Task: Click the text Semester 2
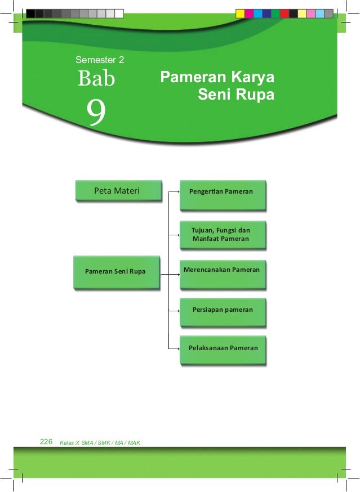tap(100, 59)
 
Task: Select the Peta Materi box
tap(117, 191)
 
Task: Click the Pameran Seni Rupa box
tap(115, 271)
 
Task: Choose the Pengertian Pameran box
tap(221, 192)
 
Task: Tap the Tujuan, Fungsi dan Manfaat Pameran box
tap(221, 234)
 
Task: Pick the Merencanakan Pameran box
tap(221, 271)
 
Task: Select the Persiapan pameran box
tap(222, 310)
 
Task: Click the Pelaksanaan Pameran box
tap(223, 348)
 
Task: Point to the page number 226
tap(46, 442)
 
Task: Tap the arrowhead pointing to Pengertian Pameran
tap(177, 192)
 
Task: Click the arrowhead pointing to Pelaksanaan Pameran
tap(177, 349)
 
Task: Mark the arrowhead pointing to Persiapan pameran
tap(177, 310)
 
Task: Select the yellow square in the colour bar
tap(240, 13)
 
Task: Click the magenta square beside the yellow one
tap(249, 13)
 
